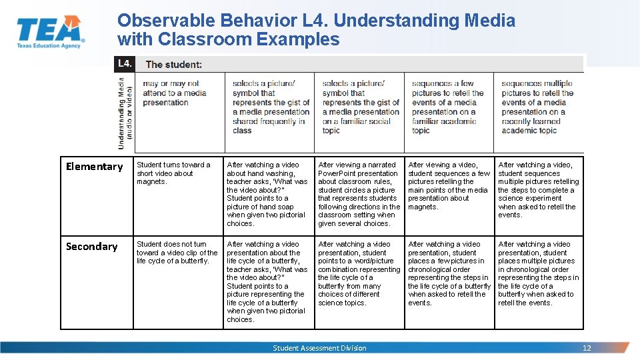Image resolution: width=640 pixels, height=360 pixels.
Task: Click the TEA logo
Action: point(49,31)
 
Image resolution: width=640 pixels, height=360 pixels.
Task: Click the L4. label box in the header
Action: point(125,64)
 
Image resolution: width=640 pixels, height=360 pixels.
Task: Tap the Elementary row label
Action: point(95,167)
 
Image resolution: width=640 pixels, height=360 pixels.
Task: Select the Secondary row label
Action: point(92,247)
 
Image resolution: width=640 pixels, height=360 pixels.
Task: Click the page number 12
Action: point(587,348)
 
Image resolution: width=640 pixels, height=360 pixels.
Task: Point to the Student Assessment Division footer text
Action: point(319,348)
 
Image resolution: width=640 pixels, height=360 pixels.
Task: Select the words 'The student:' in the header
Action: point(174,65)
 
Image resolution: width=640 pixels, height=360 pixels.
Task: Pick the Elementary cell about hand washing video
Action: point(267,194)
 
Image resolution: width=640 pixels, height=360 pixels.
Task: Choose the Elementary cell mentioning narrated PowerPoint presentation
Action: point(359,194)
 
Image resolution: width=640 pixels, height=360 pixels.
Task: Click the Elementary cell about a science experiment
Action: point(539,190)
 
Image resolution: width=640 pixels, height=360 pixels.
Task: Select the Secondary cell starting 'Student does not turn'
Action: point(177,253)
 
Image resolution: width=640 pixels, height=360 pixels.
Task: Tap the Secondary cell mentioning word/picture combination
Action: point(359,273)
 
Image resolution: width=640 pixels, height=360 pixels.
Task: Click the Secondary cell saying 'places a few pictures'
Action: point(449,273)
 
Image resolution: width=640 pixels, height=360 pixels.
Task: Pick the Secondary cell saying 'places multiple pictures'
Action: point(539,273)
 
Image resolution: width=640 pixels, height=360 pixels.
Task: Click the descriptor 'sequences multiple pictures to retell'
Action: point(537,107)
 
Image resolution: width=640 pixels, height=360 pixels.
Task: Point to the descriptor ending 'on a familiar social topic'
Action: point(360,107)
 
